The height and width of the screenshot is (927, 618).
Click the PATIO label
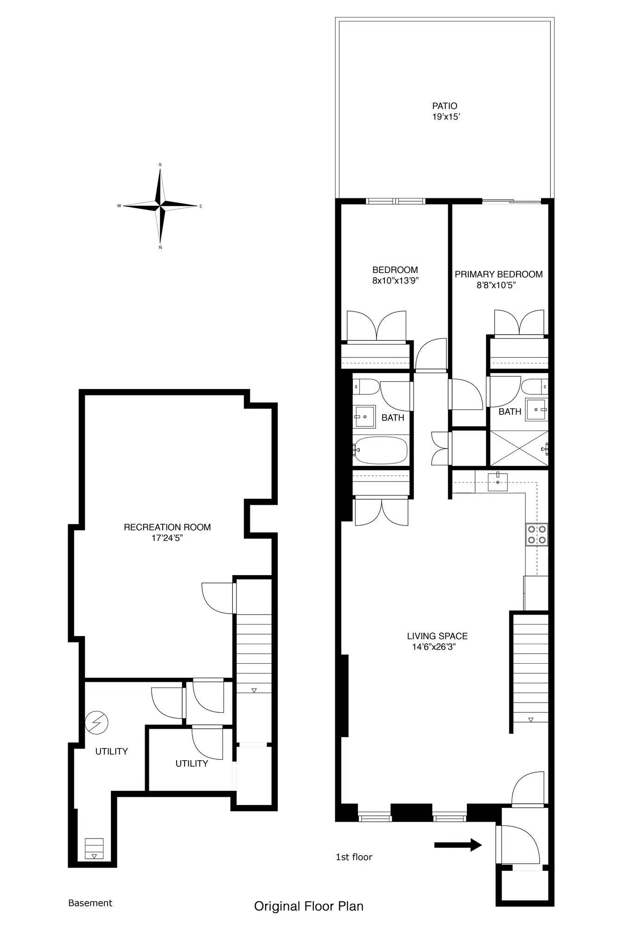445,106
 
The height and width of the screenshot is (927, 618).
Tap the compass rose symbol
160,205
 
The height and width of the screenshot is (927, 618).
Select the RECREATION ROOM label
167,527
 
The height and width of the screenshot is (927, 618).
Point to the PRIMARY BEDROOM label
498,274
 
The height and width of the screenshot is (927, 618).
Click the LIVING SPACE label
437,636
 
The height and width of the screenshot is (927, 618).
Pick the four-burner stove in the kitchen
536,534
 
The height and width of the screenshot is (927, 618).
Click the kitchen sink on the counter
497,482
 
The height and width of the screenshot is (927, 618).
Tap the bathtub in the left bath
380,450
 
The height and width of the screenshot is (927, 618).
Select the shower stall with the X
518,448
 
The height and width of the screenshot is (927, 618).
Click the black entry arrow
458,844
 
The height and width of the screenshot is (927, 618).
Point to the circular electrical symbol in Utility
97,723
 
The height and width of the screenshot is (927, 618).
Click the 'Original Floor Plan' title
309,906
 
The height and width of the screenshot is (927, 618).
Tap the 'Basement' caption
90,903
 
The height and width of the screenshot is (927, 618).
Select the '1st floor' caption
354,857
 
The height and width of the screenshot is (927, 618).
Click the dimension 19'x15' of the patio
446,117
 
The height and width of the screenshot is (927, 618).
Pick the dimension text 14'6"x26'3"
434,648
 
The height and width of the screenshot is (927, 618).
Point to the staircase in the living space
530,672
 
